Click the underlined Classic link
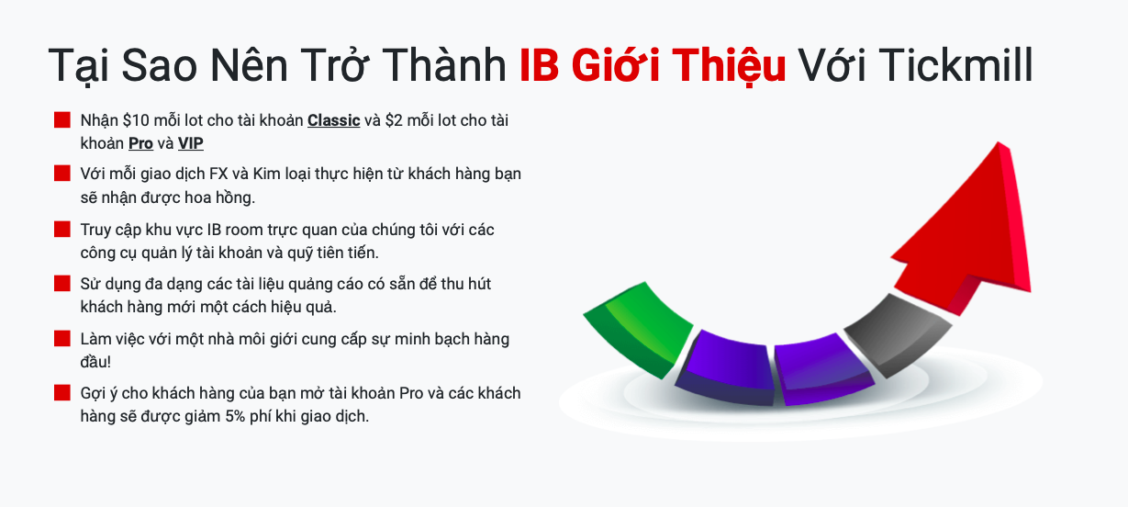point(334,120)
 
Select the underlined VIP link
point(190,143)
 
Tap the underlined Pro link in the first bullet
point(140,143)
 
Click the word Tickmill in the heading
point(915,65)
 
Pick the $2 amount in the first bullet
point(394,120)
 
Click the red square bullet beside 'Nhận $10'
point(62,120)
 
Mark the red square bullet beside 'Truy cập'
point(62,230)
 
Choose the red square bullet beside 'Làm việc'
point(62,339)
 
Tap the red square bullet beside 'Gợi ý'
point(62,392)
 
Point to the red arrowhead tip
point(998,143)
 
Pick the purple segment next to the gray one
point(823,369)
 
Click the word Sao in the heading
point(159,65)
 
